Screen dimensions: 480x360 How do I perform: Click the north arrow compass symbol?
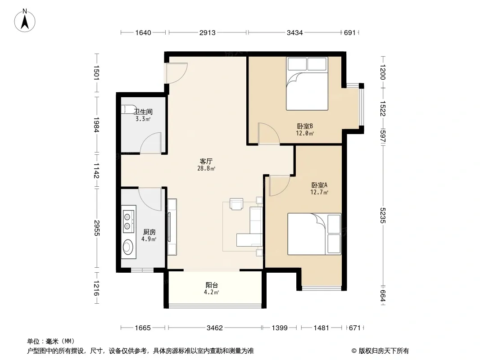(x=25, y=21)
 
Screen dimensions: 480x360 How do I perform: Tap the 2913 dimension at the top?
(x=208, y=32)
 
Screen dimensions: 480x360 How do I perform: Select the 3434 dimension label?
(x=294, y=32)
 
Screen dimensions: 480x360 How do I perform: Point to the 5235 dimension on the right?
(x=383, y=216)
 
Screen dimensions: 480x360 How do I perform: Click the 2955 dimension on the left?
(x=97, y=228)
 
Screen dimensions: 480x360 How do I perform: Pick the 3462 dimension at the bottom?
(x=215, y=328)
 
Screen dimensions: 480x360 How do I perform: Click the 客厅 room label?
(x=206, y=161)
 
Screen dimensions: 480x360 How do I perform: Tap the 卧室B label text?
(x=305, y=126)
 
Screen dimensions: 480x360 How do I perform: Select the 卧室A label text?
(x=319, y=185)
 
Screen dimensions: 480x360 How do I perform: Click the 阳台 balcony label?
(x=212, y=285)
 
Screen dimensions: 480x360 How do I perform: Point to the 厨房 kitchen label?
(x=149, y=232)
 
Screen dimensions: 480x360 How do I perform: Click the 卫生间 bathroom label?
(x=143, y=112)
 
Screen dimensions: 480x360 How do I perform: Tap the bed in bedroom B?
(x=307, y=84)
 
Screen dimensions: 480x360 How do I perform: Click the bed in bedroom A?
(x=314, y=234)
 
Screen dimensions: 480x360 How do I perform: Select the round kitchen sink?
(x=128, y=247)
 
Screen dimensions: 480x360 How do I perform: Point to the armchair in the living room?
(x=237, y=204)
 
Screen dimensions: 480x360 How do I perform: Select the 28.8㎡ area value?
(x=206, y=168)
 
